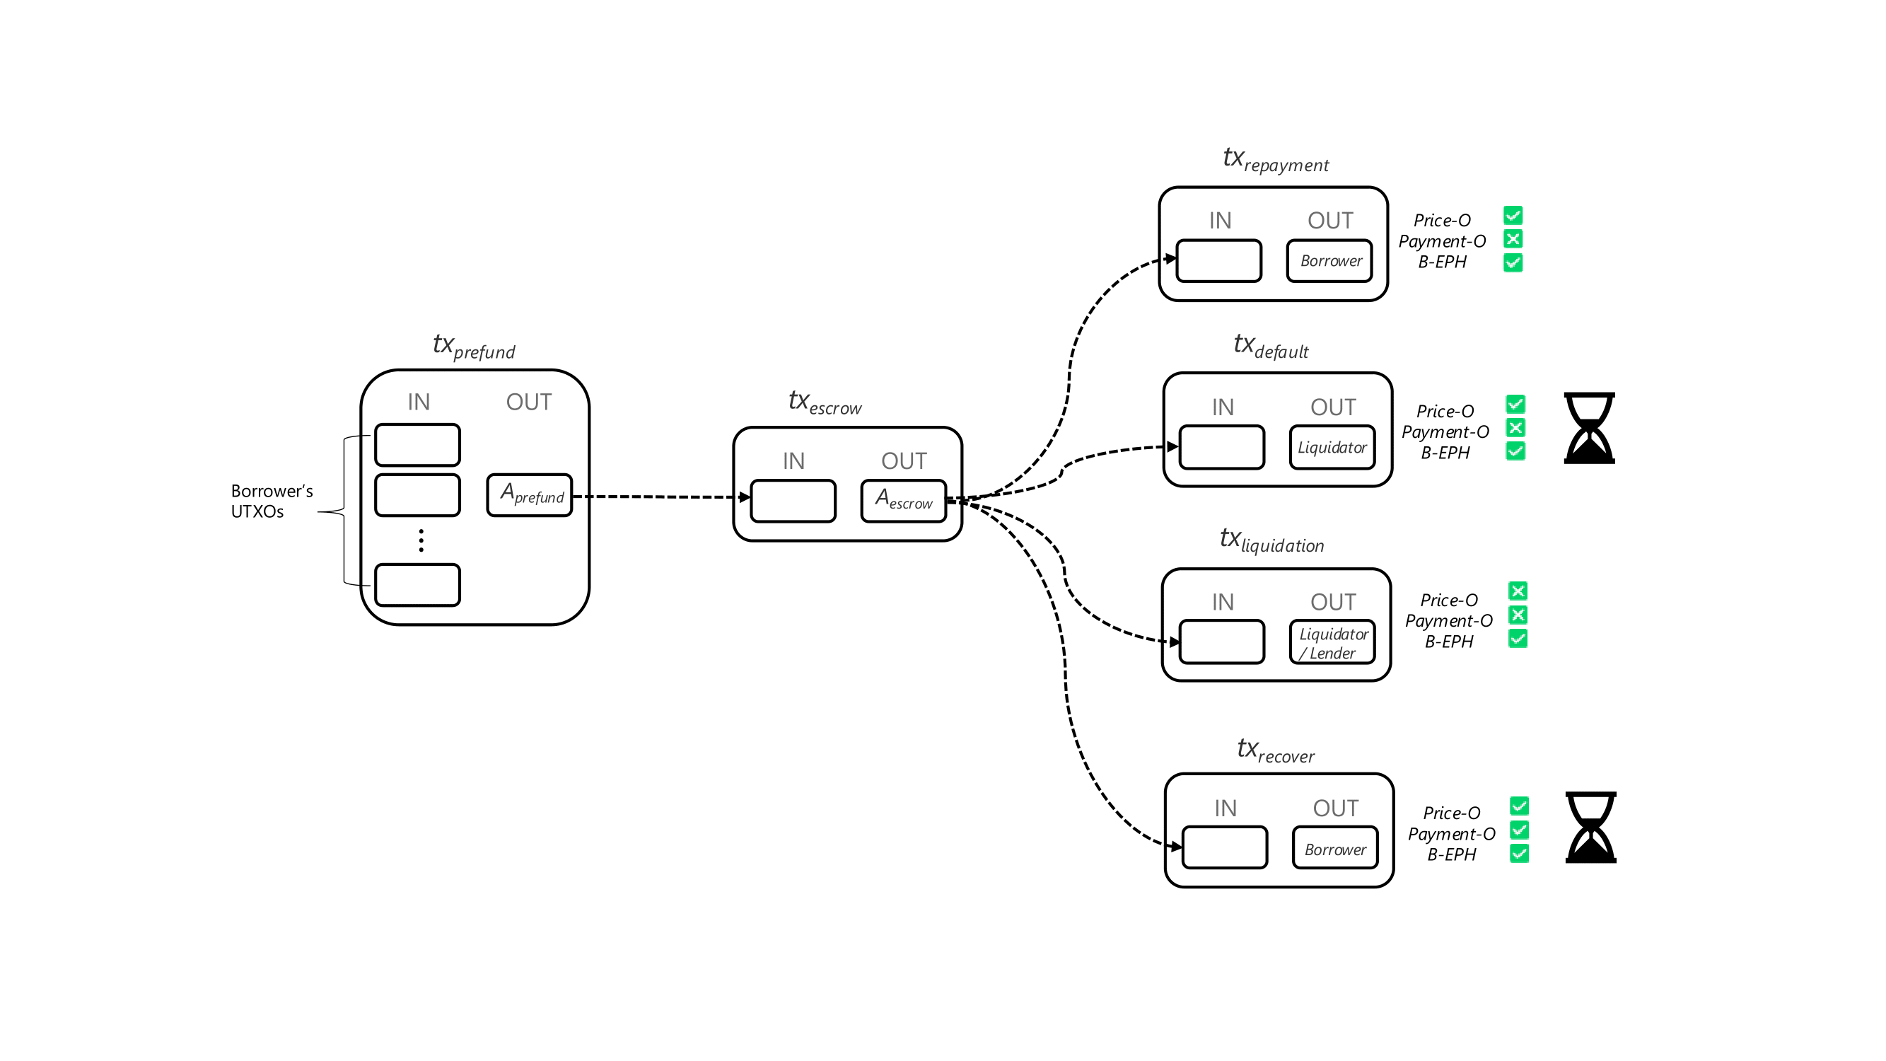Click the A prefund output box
coord(530,496)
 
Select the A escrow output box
coord(904,501)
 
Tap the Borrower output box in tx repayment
coord(1329,261)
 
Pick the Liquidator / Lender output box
coord(1332,643)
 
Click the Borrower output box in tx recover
coord(1334,848)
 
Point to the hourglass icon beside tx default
coord(1589,428)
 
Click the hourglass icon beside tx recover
coord(1590,827)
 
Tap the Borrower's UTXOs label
coord(271,501)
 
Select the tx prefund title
coord(474,347)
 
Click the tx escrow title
coord(825,402)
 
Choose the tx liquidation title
coord(1271,540)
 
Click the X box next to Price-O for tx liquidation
coord(1517,591)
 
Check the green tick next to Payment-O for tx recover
coord(1518,830)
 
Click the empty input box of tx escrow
coord(793,501)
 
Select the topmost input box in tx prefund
coord(417,445)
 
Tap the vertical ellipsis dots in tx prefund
coord(421,540)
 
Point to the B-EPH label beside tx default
coord(1445,453)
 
